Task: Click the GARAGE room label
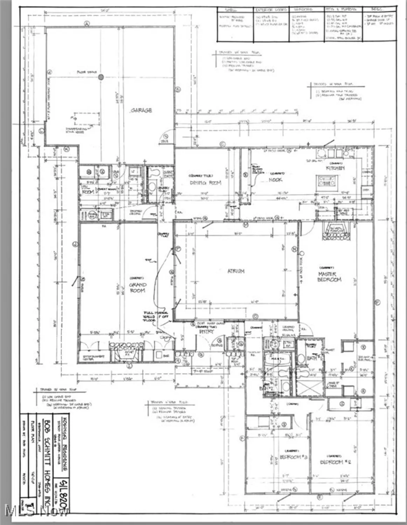tap(141, 110)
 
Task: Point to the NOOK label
tap(275, 180)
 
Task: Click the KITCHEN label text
tap(335, 168)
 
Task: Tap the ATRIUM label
tap(236, 271)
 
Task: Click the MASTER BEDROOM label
tap(329, 276)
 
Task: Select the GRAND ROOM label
tap(137, 288)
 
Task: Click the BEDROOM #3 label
tap(294, 457)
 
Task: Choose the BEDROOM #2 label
tap(336, 462)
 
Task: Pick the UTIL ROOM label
tap(87, 190)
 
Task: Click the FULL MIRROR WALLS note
tap(156, 316)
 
